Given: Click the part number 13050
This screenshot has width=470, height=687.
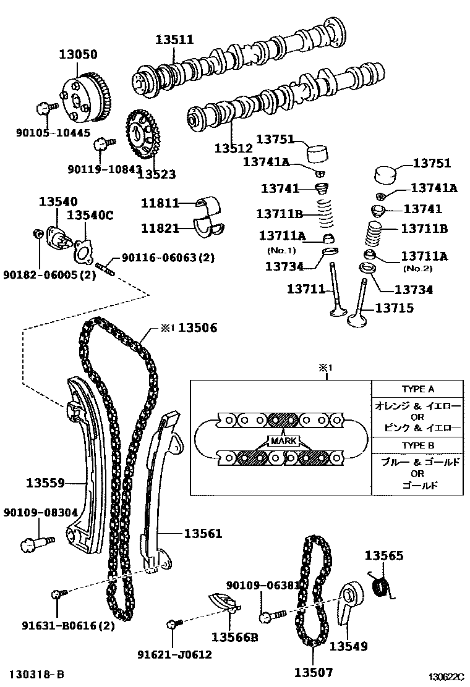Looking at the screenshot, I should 78,54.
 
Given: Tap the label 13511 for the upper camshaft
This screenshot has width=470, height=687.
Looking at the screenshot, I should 174,40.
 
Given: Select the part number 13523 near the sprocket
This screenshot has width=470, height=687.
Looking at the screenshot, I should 156,174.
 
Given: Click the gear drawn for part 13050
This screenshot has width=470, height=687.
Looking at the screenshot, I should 85,99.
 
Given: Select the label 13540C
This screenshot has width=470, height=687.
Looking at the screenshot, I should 90,215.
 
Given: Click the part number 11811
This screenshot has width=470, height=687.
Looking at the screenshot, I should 160,203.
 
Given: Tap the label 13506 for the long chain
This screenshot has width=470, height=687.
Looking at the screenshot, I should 198,328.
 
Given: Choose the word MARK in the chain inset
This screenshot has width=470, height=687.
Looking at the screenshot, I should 281,442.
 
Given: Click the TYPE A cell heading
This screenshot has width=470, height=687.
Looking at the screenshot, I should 418,389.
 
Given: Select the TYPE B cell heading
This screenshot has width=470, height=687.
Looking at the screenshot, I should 418,445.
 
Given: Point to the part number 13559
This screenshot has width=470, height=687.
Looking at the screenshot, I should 45,482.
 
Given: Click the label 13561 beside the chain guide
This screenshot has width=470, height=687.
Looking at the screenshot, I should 202,533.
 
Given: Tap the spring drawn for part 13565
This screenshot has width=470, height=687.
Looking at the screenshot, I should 384,585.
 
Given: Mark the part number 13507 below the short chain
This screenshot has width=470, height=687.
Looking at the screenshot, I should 314,672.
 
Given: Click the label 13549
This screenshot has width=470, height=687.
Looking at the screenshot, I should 348,646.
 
